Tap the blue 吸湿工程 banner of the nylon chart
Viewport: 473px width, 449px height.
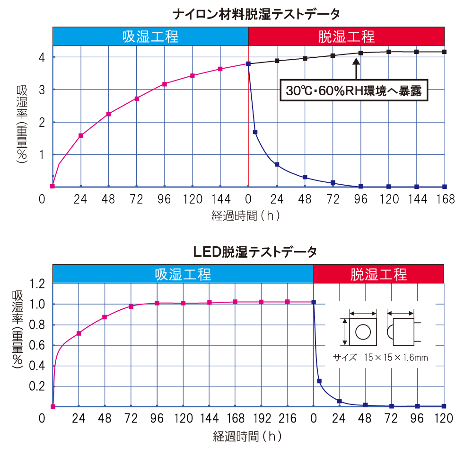pyautogui.click(x=150, y=36)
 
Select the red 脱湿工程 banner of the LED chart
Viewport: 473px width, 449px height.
pyautogui.click(x=378, y=274)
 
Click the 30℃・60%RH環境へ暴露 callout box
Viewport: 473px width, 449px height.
pyautogui.click(x=354, y=90)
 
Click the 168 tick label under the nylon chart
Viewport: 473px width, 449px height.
pyautogui.click(x=445, y=199)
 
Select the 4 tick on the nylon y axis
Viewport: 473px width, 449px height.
pyautogui.click(x=42, y=57)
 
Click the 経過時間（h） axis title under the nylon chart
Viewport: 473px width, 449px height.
pyautogui.click(x=246, y=216)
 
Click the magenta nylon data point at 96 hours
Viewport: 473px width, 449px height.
pyautogui.click(x=165, y=84)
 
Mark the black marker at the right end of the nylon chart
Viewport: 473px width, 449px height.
pyautogui.click(x=445, y=52)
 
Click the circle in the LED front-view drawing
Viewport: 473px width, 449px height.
pyautogui.click(x=363, y=332)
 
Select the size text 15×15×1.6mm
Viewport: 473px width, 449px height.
pyautogui.click(x=395, y=358)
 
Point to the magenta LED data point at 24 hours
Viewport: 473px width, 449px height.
pyautogui.click(x=79, y=333)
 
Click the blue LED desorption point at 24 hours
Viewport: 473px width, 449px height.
pyautogui.click(x=340, y=401)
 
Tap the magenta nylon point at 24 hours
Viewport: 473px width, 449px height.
pyautogui.click(x=81, y=135)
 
